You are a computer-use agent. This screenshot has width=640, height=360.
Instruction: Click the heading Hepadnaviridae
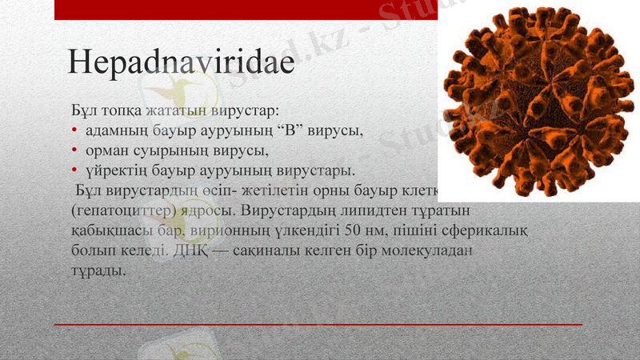[181, 62]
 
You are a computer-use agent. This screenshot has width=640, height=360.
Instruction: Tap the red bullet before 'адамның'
[74, 130]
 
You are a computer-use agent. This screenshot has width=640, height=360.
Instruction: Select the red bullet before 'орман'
[74, 150]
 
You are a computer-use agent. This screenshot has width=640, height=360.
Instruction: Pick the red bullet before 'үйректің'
[74, 170]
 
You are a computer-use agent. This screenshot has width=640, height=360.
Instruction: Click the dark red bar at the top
[240, 10]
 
